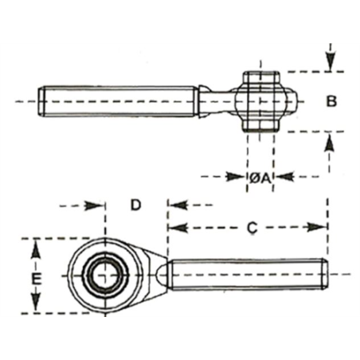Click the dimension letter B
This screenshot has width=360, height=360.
[x=331, y=101]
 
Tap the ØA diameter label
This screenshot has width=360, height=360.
[x=260, y=177]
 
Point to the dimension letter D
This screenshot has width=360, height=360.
[x=135, y=205]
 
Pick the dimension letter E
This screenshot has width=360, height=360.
[x=34, y=278]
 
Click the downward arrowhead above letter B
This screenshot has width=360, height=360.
[x=329, y=61]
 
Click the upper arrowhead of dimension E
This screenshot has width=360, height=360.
[x=34, y=249]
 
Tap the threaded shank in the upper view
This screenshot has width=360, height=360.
[x=119, y=101]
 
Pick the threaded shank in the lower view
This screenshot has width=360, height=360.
[x=247, y=275]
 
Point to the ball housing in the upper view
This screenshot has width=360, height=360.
[x=260, y=101]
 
